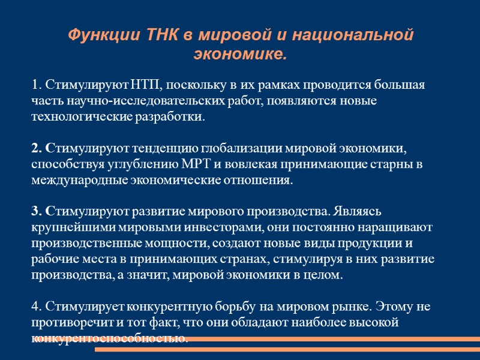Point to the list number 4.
click(x=35, y=307)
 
